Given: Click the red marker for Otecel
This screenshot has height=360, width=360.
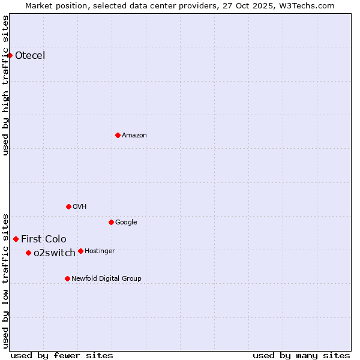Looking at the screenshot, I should [x=10, y=56].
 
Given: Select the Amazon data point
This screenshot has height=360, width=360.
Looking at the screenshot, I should [x=118, y=135].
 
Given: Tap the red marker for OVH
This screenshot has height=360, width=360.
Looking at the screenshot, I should [x=68, y=206].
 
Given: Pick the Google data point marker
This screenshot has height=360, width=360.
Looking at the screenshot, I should [x=111, y=222].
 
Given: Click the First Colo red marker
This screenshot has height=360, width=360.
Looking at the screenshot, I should [x=16, y=239].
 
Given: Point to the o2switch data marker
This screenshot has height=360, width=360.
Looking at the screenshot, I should [x=28, y=253].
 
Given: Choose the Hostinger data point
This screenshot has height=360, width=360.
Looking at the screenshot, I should [x=80, y=251].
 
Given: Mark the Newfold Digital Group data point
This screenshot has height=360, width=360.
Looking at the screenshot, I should [x=67, y=278].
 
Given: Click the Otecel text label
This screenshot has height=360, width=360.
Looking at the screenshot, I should [x=30, y=56].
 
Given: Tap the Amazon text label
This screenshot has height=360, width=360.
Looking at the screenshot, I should [x=134, y=136].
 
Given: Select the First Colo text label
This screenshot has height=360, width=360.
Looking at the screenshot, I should [x=44, y=239].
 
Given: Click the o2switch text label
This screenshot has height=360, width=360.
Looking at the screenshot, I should [x=55, y=253].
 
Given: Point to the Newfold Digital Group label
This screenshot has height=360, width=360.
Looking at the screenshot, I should [x=107, y=278].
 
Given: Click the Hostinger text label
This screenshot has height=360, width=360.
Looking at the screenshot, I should [x=100, y=251].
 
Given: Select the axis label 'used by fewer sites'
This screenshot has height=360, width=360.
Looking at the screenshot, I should [x=62, y=355].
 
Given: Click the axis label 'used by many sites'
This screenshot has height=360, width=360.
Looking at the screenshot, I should [x=301, y=355].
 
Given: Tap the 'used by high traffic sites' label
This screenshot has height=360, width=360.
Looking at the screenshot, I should [x=5, y=85].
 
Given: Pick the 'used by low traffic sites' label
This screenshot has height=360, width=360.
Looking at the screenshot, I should [x=5, y=280].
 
